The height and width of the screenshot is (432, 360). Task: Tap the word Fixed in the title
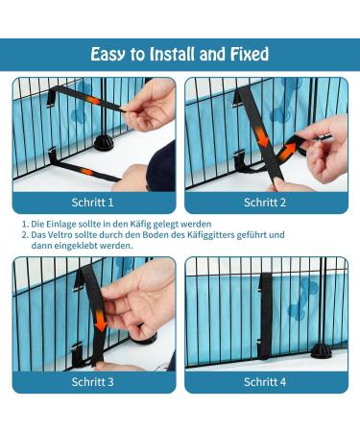point(250,54)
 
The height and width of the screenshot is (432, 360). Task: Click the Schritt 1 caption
point(92,203)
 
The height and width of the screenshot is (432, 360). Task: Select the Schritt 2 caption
point(265,203)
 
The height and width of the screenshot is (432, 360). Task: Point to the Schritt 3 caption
point(92,382)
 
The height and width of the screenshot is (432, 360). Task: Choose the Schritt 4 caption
point(265,382)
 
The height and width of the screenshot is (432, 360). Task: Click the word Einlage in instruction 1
point(58,224)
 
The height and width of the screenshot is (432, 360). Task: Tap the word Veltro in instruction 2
point(60,235)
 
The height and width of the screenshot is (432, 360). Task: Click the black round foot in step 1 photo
point(104,143)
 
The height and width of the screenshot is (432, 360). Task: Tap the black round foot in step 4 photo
point(322,350)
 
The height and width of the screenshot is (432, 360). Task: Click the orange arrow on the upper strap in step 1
point(94,101)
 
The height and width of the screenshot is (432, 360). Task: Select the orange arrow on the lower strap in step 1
point(86,172)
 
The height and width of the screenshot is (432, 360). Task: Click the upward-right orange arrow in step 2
point(287,153)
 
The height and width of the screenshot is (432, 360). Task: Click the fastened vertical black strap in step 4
point(265,316)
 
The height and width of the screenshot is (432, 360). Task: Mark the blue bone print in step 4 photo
point(301,300)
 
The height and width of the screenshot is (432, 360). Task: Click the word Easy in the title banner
point(108,55)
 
